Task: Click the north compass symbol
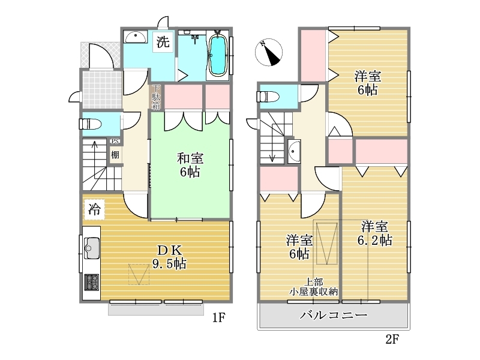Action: point(268,52)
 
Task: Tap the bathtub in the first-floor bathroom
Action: point(217,55)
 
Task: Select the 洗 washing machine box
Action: point(163,42)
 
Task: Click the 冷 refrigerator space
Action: point(94,209)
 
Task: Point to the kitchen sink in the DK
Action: point(92,248)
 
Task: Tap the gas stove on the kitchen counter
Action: point(92,282)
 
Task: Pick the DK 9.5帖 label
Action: point(169,257)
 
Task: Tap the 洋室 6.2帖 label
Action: point(374,233)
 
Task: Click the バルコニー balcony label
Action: point(333,315)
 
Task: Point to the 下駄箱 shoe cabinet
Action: point(157,97)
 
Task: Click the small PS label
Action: point(115,142)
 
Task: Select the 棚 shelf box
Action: point(115,155)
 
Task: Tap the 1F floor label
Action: point(219,318)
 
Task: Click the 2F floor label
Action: point(392,339)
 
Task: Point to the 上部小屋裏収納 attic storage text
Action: point(313,287)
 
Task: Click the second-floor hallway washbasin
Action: point(294,151)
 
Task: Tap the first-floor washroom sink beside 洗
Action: point(136,37)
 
